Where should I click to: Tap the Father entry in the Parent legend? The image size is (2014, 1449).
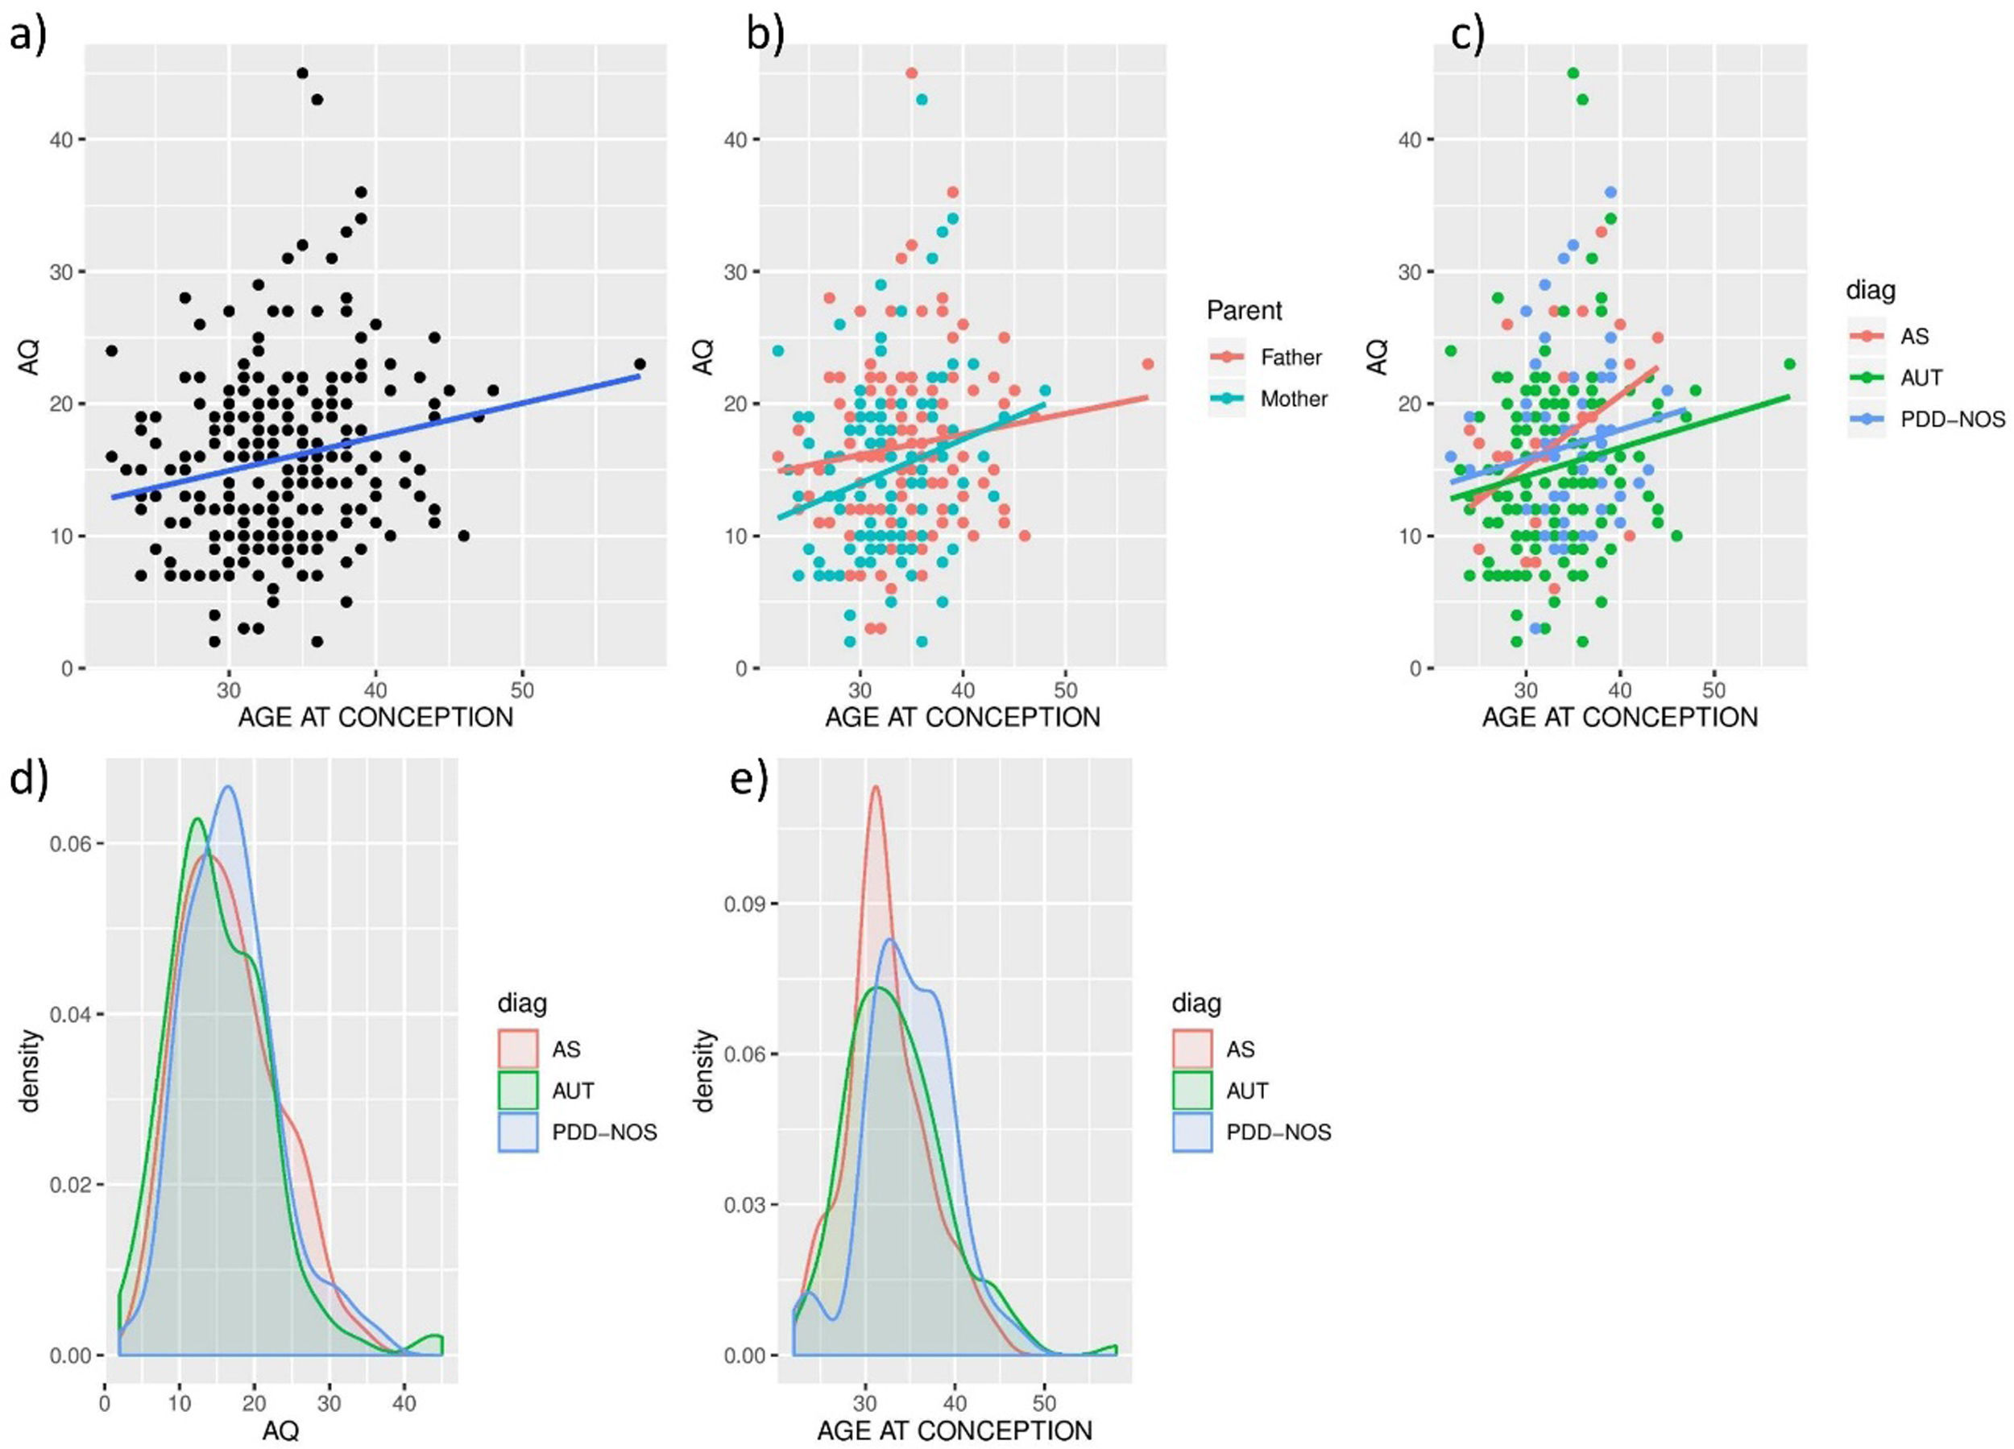[1291, 357]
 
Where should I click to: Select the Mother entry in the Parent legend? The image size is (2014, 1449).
[1293, 399]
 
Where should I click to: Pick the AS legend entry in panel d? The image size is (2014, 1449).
[566, 1049]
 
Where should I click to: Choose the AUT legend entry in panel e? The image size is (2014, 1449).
[1247, 1091]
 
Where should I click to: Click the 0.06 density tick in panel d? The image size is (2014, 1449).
[70, 843]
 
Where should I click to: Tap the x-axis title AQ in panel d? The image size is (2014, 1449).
[280, 1430]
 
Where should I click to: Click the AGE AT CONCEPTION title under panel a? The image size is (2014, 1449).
[375, 718]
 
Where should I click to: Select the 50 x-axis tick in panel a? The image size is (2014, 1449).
[522, 691]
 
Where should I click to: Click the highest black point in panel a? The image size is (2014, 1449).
[302, 72]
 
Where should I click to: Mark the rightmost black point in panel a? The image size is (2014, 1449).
[640, 364]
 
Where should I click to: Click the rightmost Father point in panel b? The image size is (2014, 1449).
[1147, 364]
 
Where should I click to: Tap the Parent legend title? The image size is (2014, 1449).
[1244, 311]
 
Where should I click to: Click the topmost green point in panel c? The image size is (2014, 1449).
[1573, 72]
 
